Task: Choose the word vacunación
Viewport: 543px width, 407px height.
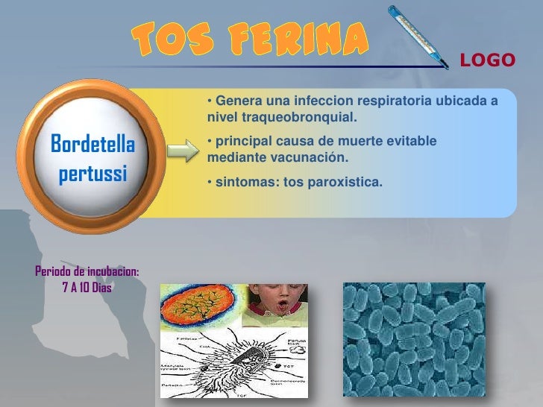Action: pyautogui.click(x=313, y=158)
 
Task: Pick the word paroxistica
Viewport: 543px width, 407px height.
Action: pyautogui.click(x=348, y=180)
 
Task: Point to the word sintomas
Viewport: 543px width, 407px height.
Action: pyautogui.click(x=239, y=180)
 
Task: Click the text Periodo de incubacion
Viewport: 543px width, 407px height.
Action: pyautogui.click(x=87, y=271)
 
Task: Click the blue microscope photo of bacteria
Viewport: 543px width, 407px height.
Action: pyautogui.click(x=413, y=339)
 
